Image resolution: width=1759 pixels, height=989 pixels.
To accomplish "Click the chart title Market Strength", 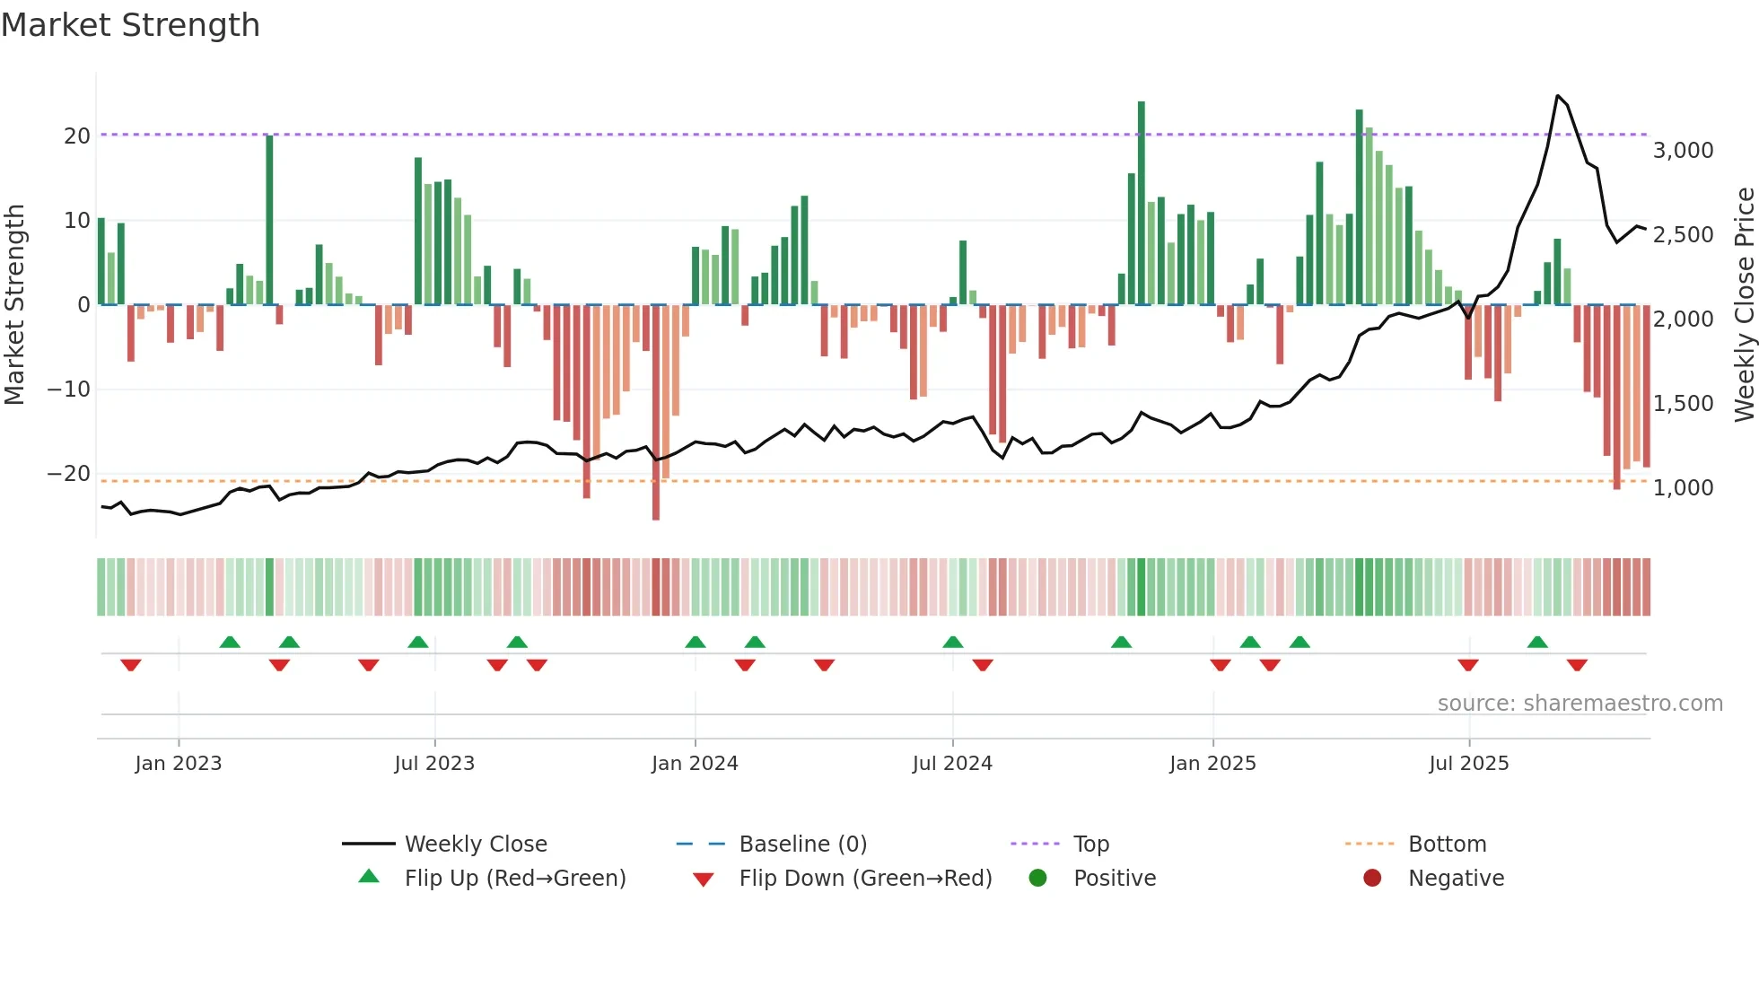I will [x=130, y=25].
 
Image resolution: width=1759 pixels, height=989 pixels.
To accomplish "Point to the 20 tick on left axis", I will [x=77, y=136].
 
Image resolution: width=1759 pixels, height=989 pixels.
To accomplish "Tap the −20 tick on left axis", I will [x=69, y=473].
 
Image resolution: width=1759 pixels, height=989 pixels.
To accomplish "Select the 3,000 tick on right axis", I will [x=1683, y=150].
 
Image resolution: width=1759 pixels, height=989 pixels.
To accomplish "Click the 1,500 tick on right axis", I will [x=1683, y=403].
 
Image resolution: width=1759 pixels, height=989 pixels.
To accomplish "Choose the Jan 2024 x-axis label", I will [x=695, y=763].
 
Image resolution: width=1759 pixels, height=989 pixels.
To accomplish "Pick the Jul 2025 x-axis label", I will [x=1468, y=763].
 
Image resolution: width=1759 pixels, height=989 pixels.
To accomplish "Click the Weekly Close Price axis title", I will [x=1744, y=304].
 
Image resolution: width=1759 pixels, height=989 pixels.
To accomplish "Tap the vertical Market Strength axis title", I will [x=14, y=304].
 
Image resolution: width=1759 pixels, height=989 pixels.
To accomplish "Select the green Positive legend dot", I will [x=1037, y=878].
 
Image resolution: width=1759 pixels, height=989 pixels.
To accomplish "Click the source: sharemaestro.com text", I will [x=1580, y=703].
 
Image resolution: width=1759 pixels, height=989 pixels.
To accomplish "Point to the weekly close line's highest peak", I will [x=1557, y=95].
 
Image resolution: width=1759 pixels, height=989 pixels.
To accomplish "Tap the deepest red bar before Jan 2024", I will [x=656, y=413].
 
